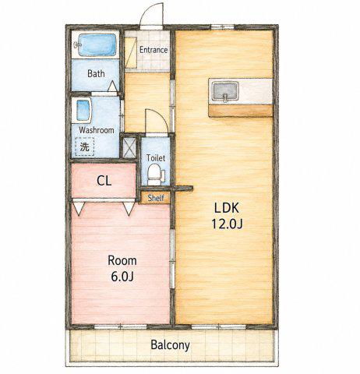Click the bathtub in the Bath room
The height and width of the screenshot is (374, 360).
(x=97, y=44)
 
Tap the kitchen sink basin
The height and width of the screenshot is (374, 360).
(x=224, y=91)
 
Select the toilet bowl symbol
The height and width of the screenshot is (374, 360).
(x=155, y=175)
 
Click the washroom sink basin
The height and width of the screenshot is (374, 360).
(x=83, y=111)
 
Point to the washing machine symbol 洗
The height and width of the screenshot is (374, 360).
(x=85, y=146)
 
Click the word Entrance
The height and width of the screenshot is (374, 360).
(x=154, y=50)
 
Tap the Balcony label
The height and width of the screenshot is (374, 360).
(x=170, y=345)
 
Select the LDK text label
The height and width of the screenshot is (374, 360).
(x=227, y=208)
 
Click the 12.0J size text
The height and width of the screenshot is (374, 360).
(x=227, y=224)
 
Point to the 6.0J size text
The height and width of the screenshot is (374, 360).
(x=122, y=277)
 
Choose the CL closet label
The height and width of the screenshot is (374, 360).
(x=104, y=181)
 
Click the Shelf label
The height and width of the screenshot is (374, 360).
(x=156, y=198)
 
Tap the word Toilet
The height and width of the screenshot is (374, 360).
(x=156, y=157)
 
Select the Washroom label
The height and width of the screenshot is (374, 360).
(x=97, y=130)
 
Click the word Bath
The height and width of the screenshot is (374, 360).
(x=96, y=73)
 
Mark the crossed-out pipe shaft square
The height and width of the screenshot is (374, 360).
(x=129, y=148)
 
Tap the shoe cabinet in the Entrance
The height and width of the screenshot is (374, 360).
(x=131, y=53)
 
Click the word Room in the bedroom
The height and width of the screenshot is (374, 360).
(x=122, y=260)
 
